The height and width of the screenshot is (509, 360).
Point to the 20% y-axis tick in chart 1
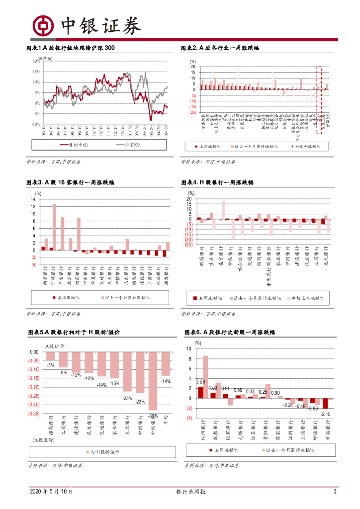[x=37, y=62]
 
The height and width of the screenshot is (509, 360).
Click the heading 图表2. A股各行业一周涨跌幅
[x=219, y=48]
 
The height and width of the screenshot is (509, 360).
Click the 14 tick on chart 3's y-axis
[x=33, y=199]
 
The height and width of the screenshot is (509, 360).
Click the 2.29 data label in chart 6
[x=201, y=382]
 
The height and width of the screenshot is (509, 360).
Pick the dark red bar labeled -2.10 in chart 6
[x=325, y=404]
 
